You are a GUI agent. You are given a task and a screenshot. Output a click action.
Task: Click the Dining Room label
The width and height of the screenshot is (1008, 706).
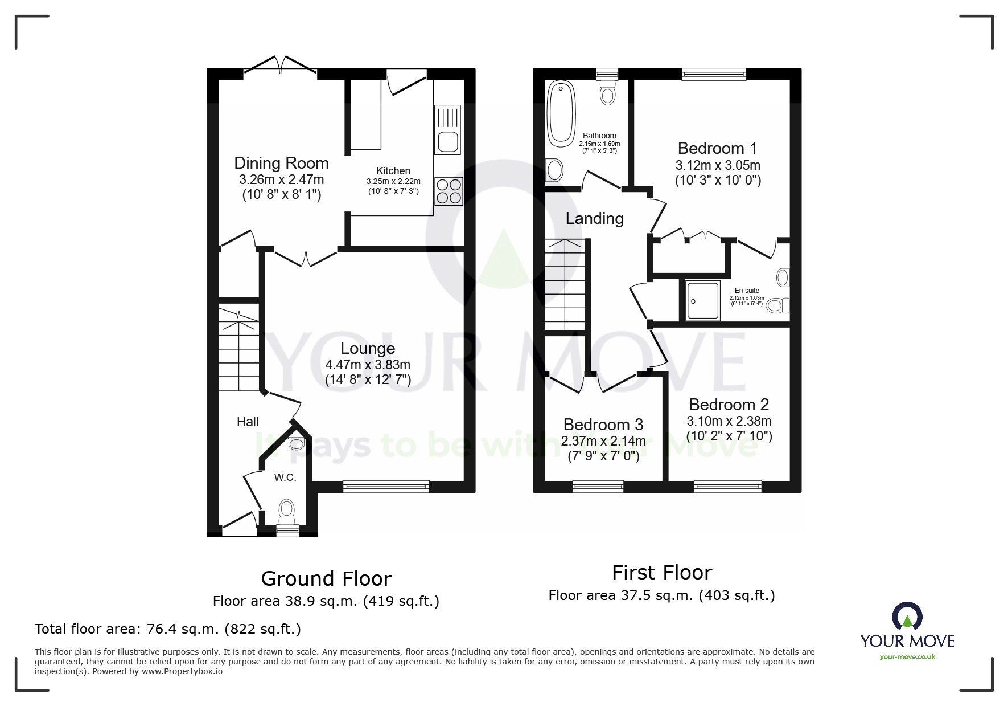point(281,164)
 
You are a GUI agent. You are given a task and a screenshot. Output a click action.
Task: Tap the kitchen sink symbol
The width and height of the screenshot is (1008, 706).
point(447,130)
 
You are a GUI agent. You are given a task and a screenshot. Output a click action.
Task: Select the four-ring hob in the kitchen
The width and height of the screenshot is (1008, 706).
point(449,191)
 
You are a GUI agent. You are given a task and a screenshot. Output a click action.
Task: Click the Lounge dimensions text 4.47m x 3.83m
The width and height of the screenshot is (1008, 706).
point(368,365)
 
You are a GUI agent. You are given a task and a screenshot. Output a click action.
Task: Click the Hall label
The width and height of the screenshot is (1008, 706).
point(248,422)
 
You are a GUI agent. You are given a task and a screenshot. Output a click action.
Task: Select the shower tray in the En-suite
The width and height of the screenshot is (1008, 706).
point(702,300)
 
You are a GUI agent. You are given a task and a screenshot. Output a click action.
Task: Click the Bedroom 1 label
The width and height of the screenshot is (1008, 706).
point(717,149)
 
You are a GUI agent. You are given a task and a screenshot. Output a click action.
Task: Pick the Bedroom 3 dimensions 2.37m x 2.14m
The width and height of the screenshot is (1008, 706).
point(603,441)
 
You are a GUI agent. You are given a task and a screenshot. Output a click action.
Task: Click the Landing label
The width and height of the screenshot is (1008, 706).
point(594,219)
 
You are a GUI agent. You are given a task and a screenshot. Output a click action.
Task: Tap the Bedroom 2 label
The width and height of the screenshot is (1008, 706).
point(729,405)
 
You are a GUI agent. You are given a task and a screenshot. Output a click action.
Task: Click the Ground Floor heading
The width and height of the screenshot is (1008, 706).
point(326,579)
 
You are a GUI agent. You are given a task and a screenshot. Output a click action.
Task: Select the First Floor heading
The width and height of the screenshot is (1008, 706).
point(662,573)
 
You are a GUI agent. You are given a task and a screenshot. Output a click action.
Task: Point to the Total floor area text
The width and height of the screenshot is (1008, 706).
point(168,629)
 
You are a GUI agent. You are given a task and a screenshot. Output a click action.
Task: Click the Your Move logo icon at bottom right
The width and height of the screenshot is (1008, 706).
point(907,617)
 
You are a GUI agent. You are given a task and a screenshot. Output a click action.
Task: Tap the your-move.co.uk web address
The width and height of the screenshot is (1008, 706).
point(907,657)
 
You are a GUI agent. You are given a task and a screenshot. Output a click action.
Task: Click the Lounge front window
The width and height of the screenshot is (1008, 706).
point(386,486)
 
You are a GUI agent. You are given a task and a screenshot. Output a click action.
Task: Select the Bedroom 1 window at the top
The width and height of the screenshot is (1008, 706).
point(714,74)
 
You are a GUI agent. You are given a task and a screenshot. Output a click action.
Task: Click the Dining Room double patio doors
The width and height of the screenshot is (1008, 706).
point(280,66)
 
